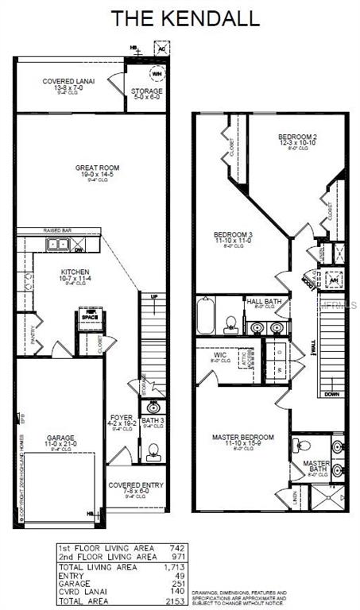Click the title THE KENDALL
179,17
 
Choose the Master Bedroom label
242,438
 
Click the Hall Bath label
261,302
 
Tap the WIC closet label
219,355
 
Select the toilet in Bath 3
153,453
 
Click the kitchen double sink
57,245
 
